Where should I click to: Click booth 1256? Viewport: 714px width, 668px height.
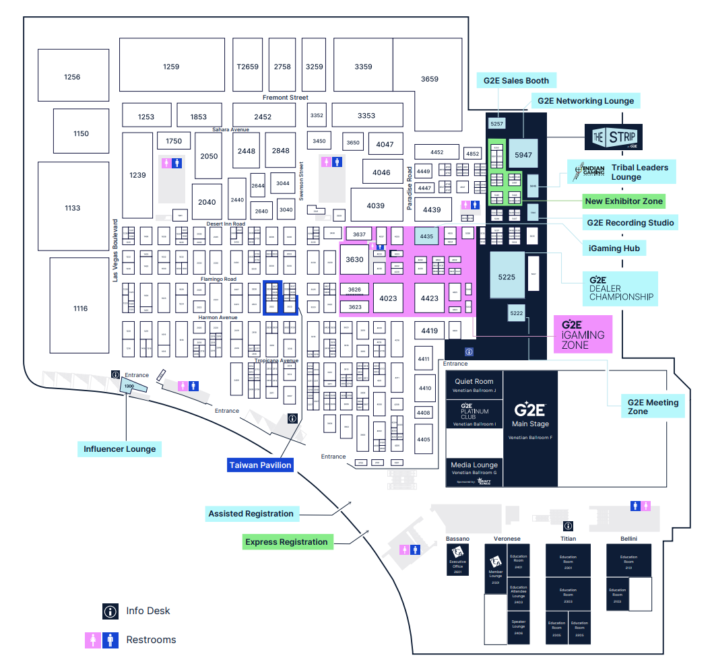coord(72,77)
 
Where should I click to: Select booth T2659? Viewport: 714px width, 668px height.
coord(247,66)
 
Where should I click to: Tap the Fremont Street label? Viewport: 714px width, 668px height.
coord(285,98)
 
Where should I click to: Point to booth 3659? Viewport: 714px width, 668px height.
coord(429,79)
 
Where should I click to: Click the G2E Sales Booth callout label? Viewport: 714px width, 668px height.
coord(517,81)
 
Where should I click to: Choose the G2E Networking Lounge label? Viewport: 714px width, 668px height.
coord(585,101)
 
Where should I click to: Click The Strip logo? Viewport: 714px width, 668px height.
coord(613,137)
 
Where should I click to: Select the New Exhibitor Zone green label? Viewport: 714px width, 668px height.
coord(624,201)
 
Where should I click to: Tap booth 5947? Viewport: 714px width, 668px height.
coord(523,155)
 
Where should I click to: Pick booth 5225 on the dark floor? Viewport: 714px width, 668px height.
coord(507,276)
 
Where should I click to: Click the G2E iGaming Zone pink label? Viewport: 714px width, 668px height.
coord(583,334)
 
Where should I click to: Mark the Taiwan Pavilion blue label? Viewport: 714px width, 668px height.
coord(260,465)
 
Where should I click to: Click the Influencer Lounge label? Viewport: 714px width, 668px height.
coord(119,449)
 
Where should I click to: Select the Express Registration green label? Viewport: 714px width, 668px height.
coord(286,542)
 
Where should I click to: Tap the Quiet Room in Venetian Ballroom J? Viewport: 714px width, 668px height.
coord(474,385)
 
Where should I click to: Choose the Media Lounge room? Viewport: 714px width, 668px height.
coord(474,469)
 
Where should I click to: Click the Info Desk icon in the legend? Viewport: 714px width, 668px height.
coord(110,611)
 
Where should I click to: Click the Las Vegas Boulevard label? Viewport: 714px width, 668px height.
coord(115,249)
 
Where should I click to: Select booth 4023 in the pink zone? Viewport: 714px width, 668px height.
coord(388,298)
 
